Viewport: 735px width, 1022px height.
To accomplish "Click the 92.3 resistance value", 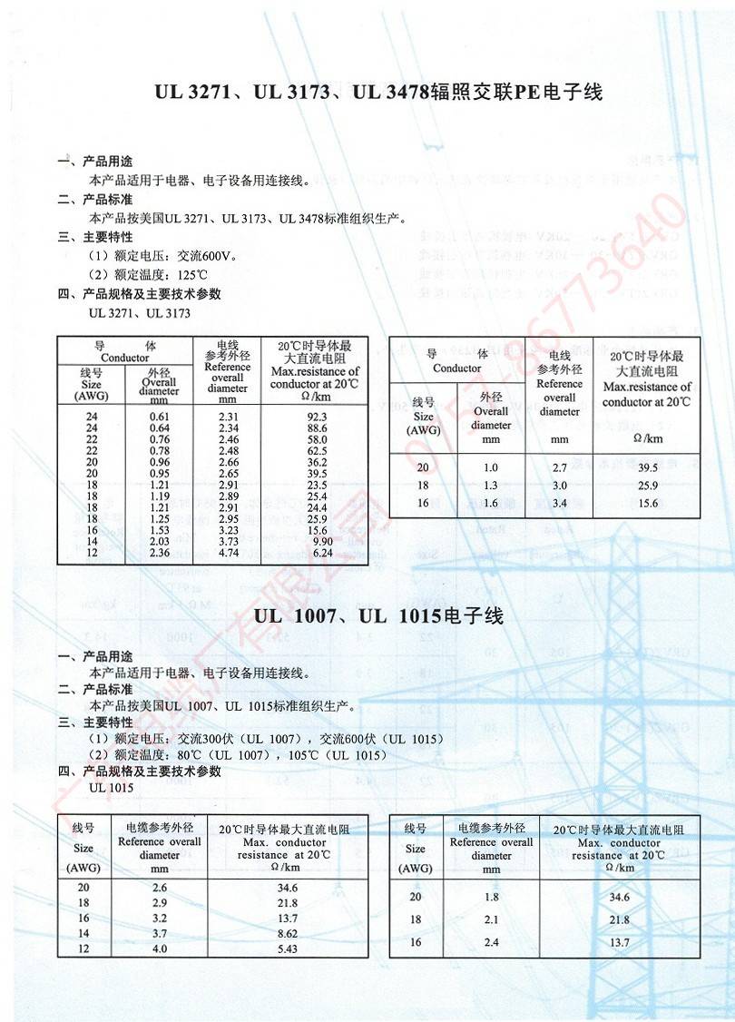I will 317,417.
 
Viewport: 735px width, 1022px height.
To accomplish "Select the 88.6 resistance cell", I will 317,427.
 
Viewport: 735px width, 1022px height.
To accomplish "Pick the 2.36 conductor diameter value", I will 160,553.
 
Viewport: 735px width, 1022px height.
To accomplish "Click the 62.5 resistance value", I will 317,451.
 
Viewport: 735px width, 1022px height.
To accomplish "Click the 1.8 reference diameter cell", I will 492,897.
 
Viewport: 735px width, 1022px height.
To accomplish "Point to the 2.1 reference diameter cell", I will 492,919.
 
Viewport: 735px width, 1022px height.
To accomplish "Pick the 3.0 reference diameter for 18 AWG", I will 559,486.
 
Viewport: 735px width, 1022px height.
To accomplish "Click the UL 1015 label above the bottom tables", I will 112,788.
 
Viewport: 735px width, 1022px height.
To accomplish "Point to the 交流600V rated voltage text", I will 206,256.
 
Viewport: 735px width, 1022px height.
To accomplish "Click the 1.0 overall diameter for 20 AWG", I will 491,467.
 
